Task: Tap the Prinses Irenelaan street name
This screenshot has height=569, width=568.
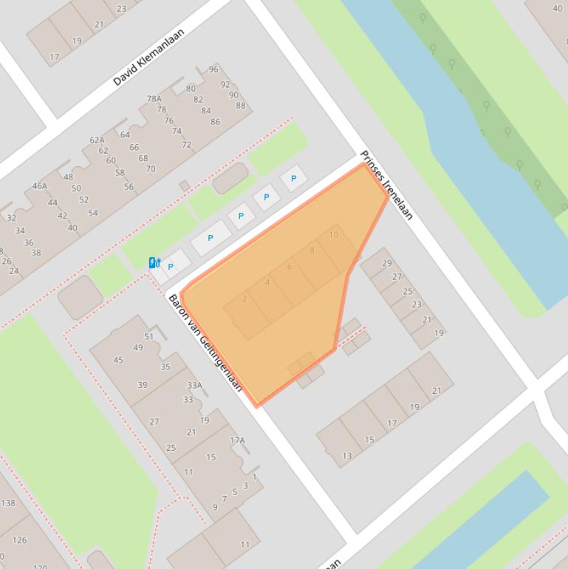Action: (x=386, y=185)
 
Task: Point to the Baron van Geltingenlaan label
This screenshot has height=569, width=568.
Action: (x=205, y=342)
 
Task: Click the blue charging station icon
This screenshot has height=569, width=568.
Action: (x=154, y=262)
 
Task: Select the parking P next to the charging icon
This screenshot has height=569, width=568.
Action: (x=171, y=267)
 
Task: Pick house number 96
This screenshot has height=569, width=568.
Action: (x=213, y=69)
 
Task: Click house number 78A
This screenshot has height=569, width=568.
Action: (x=154, y=99)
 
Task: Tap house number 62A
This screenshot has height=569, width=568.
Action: (x=97, y=140)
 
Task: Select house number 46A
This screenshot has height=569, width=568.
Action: (x=40, y=186)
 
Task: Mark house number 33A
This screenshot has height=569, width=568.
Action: (x=194, y=385)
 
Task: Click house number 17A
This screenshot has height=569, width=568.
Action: (x=237, y=440)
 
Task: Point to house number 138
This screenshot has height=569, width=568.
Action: (x=8, y=503)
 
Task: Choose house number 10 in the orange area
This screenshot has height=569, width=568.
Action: (x=333, y=235)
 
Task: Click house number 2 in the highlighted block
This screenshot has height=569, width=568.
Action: (x=244, y=299)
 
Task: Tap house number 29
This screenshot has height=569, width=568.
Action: (x=387, y=263)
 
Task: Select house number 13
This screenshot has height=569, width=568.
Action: (x=347, y=456)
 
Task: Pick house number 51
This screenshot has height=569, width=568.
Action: (x=148, y=337)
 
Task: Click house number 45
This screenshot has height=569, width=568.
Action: (x=118, y=361)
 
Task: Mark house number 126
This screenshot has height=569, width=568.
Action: (x=20, y=540)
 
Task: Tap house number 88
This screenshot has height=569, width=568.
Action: (x=241, y=106)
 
